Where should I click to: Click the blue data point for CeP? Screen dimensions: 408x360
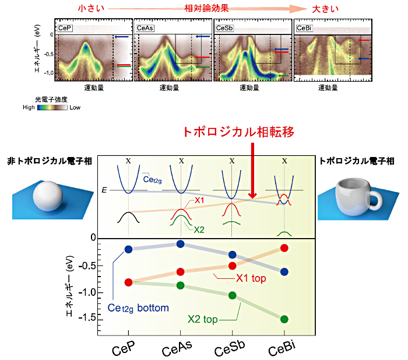[x=128, y=249]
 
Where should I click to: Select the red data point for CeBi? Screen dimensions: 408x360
[x=284, y=248]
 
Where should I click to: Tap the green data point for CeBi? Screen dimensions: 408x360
[x=284, y=319]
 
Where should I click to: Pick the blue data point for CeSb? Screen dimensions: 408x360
[x=232, y=255]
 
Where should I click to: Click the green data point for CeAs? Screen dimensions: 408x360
[x=180, y=285]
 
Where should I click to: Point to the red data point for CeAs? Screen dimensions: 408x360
[x=180, y=272]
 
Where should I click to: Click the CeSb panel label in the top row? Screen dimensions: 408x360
[x=224, y=28]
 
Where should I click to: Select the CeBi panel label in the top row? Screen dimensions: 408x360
[x=304, y=28]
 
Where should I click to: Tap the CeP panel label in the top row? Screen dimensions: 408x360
[x=65, y=28]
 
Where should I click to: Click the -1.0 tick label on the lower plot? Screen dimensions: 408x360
[x=87, y=292]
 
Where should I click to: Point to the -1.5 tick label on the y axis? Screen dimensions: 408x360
[x=87, y=317]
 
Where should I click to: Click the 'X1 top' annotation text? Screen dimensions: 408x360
[x=251, y=278]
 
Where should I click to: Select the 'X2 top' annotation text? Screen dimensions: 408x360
[x=203, y=319]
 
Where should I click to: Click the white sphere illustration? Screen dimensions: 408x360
[x=48, y=196]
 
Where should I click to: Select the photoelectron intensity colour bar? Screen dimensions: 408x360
[x=52, y=107]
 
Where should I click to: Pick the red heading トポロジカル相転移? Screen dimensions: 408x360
[x=238, y=132]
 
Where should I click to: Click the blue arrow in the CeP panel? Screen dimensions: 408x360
[x=121, y=37]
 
